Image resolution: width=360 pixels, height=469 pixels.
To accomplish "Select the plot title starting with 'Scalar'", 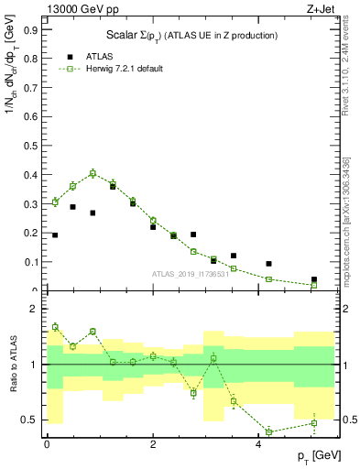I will (x=189, y=35).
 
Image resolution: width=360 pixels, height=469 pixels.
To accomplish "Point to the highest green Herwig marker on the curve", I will (x=93, y=172).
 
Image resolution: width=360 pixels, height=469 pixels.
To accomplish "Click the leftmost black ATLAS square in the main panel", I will (x=55, y=235).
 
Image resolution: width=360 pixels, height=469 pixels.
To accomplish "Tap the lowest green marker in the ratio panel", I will (x=269, y=431).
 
